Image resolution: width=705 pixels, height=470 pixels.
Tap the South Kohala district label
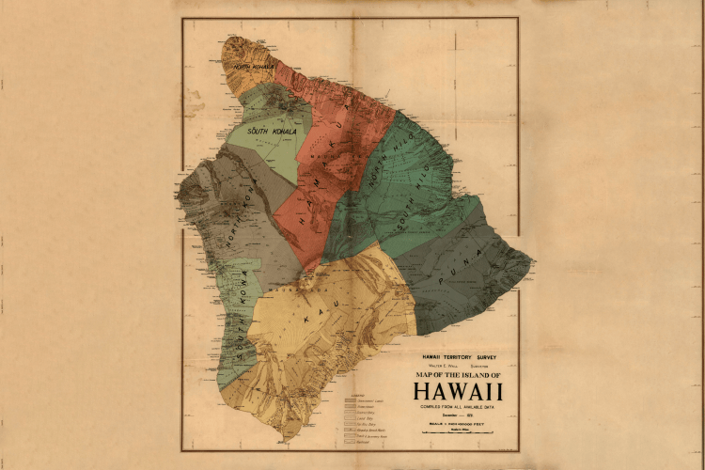(272, 132)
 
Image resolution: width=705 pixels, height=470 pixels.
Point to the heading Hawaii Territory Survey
(458, 358)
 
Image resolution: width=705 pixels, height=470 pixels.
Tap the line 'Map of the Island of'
(458, 375)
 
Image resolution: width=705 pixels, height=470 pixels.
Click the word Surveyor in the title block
(486, 367)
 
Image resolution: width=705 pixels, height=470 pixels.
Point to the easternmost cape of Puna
(533, 260)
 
